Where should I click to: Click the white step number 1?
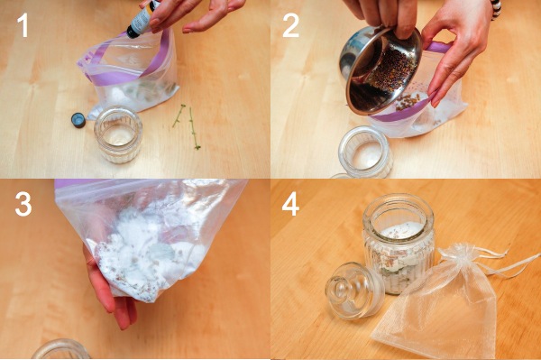click(23, 25)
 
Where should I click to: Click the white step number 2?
click(290, 25)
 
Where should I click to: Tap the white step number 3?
click(23, 204)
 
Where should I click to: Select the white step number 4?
click(290, 204)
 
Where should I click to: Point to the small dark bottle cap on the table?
click(78, 120)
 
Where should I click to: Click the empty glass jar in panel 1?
click(118, 134)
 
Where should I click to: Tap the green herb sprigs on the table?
click(188, 125)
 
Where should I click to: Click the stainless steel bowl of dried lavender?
click(381, 70)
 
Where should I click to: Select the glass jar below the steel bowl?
click(366, 152)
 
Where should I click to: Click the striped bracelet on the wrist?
click(496, 9)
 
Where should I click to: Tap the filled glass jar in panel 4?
click(399, 244)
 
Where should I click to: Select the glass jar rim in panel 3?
click(61, 349)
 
